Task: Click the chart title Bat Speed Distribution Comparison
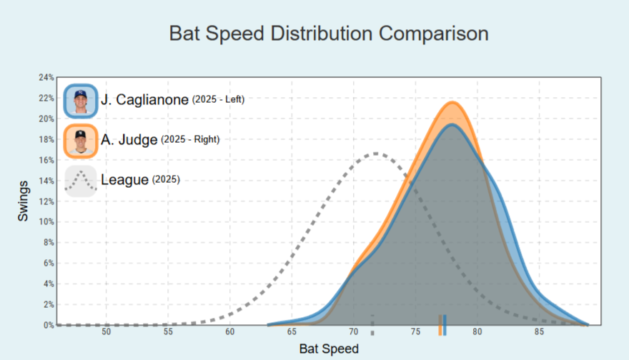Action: point(329,34)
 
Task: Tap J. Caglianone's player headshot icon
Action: point(80,101)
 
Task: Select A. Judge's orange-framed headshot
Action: point(80,141)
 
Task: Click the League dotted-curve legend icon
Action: point(80,181)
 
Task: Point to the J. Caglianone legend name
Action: point(144,101)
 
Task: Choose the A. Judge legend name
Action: point(129,141)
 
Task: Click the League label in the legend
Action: point(124,181)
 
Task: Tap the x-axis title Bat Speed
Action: point(329,349)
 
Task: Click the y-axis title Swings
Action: point(24,201)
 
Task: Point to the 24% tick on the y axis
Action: point(45,77)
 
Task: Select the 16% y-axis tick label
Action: point(45,160)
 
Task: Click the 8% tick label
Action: point(47,243)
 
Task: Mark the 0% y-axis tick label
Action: point(47,326)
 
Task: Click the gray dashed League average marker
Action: point(372,325)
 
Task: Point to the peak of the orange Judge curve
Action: point(452,103)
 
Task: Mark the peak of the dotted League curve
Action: point(376,154)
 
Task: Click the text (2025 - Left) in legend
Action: point(218,100)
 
